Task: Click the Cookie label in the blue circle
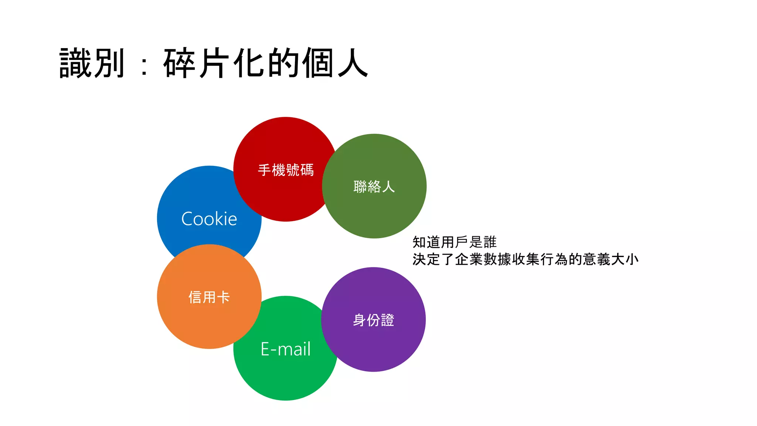tap(209, 219)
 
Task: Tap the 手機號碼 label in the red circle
tap(286, 170)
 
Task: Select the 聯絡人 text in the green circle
tap(374, 187)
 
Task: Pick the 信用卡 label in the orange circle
tap(209, 297)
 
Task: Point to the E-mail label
tap(286, 349)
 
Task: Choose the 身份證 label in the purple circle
tap(374, 320)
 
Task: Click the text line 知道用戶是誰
tap(454, 243)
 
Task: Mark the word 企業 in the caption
tap(469, 260)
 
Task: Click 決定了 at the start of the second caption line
tap(433, 260)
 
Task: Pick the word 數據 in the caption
tap(497, 260)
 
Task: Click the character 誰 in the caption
tap(490, 243)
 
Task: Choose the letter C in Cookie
tap(187, 219)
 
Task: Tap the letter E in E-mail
tap(265, 349)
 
